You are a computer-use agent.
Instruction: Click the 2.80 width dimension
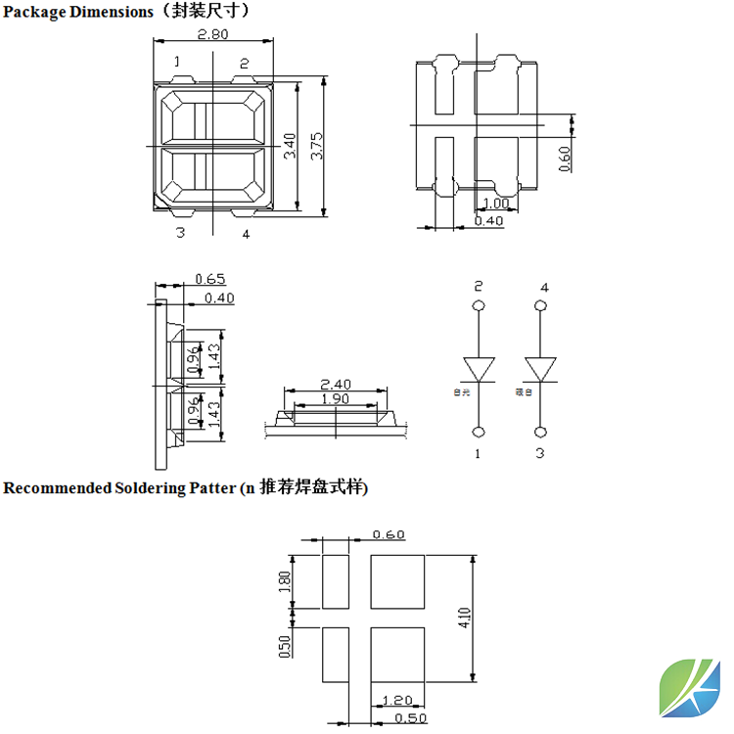point(213,34)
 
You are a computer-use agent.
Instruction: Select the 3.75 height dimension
point(316,148)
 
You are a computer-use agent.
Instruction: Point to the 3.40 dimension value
point(289,148)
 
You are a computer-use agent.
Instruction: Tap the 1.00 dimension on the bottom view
point(497,204)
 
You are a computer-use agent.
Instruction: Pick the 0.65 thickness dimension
point(210,279)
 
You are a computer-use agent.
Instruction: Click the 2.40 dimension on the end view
point(336,385)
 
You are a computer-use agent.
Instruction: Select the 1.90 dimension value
point(336,399)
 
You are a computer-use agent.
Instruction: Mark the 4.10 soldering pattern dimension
point(465,619)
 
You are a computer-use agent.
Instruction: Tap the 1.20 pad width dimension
point(397,701)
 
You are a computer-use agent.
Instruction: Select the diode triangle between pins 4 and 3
point(540,369)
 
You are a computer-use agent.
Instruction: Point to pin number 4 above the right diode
point(544,287)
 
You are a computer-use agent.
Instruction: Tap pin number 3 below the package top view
point(180,232)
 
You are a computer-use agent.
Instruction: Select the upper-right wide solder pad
point(398,580)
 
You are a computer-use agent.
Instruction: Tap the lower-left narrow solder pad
point(336,655)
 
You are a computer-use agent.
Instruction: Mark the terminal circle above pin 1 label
point(480,432)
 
